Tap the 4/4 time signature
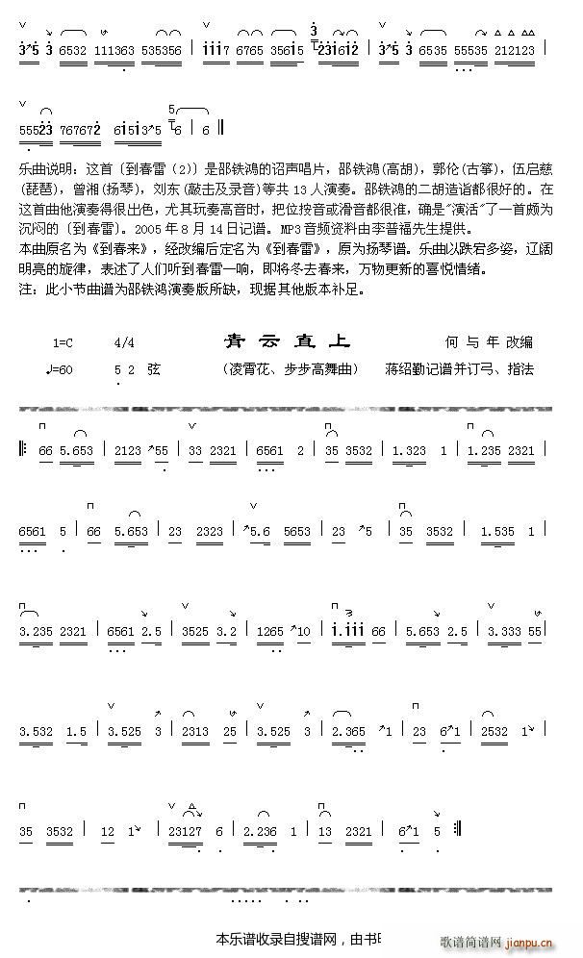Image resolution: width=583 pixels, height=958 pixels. point(124,343)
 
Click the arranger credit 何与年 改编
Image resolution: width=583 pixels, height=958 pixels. point(489,342)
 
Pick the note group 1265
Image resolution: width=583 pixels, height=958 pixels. point(270,632)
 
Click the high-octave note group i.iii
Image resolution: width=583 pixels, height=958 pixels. point(346,632)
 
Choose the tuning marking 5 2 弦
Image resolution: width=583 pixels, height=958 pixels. point(138,369)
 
